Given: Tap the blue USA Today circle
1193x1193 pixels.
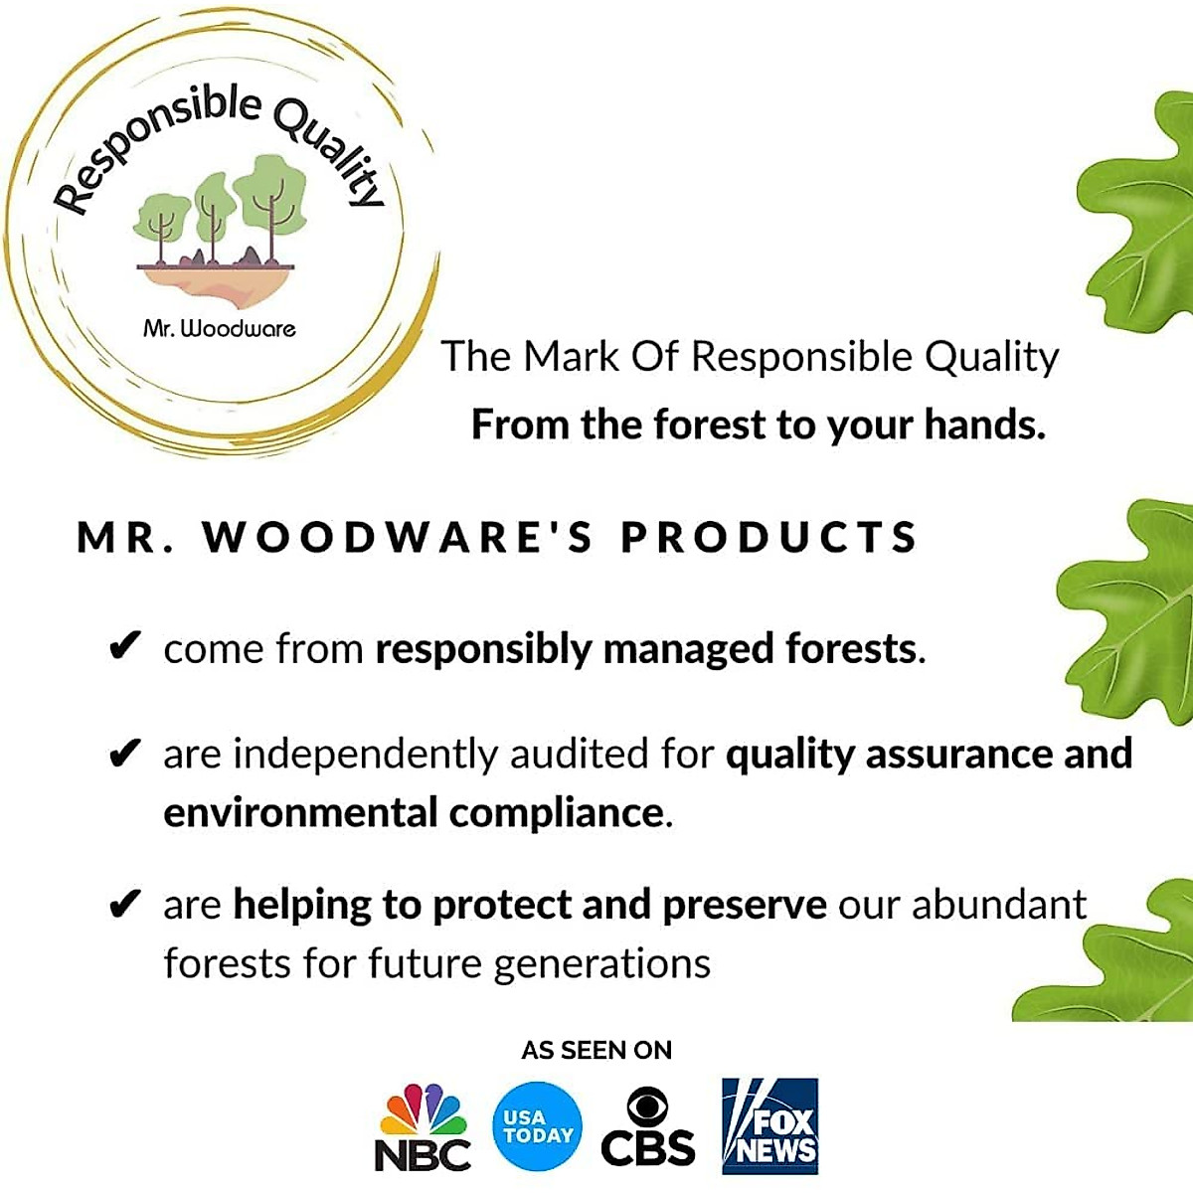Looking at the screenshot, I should pyautogui.click(x=538, y=1126).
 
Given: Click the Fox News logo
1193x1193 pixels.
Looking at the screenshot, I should pyautogui.click(x=770, y=1126).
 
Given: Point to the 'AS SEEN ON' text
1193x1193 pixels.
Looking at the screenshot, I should pyautogui.click(x=596, y=1050).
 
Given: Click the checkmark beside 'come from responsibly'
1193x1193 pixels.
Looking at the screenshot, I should pyautogui.click(x=124, y=646).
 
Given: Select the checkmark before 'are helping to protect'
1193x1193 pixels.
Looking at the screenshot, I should pyautogui.click(x=124, y=904).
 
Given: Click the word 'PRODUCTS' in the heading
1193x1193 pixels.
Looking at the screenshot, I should pyautogui.click(x=769, y=537).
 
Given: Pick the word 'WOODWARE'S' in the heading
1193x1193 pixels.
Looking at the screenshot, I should pyautogui.click(x=398, y=537).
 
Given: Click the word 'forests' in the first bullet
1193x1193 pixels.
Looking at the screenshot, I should pyautogui.click(x=852, y=649).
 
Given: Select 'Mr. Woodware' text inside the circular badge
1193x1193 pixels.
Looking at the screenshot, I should pyautogui.click(x=220, y=328).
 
